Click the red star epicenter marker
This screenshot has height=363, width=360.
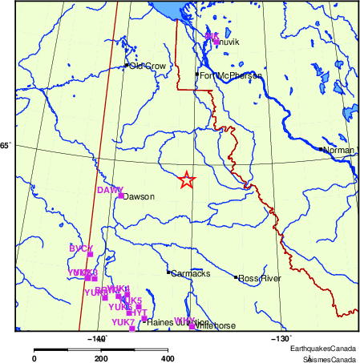tap(186, 180)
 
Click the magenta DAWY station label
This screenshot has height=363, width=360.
tap(110, 190)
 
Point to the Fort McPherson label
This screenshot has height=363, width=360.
tap(230, 76)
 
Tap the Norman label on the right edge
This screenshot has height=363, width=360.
tap(338, 150)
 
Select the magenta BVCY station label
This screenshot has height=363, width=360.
tap(81, 248)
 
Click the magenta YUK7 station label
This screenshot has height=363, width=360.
tap(123, 322)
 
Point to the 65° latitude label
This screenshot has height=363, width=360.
tap(6, 145)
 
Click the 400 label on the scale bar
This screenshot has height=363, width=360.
tap(166, 358)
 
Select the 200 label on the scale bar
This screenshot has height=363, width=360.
tap(100, 358)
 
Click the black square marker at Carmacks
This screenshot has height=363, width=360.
tap(168, 272)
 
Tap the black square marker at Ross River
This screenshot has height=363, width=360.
tap(237, 277)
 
